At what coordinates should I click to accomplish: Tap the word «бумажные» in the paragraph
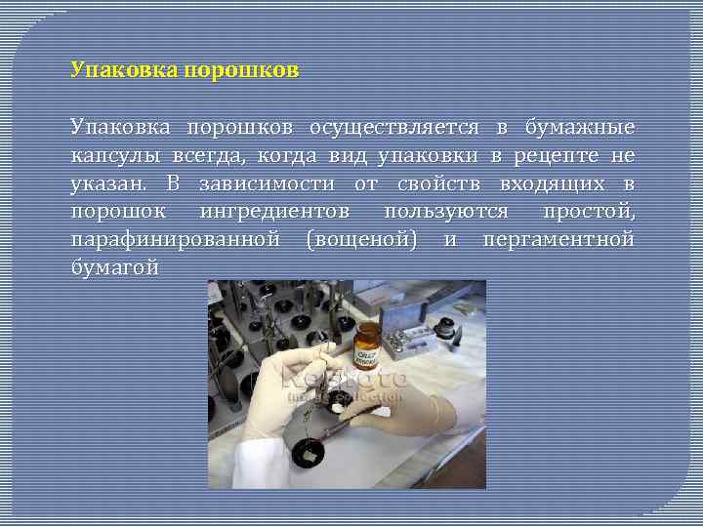coord(579,128)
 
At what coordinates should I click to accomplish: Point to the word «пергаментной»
coord(558,239)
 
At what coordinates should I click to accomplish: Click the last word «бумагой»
coord(114,266)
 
